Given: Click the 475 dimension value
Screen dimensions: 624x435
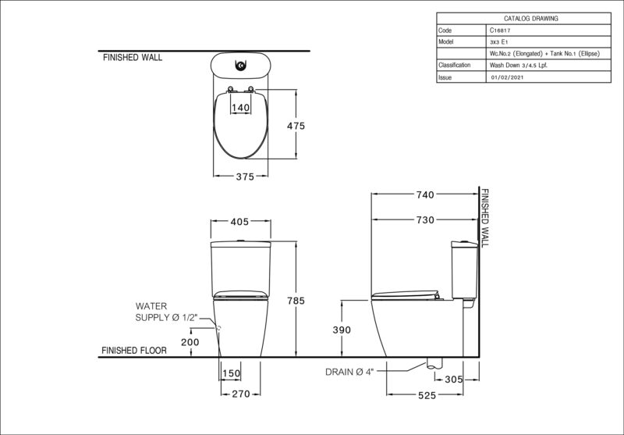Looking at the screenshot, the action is coord(296,126).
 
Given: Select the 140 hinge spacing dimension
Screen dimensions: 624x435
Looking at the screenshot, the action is coord(240,108).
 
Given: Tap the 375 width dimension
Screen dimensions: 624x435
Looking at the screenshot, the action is coord(245,176).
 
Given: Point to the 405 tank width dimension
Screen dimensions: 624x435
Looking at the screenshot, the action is coord(239,222).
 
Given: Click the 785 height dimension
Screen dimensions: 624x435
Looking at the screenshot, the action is coord(296,301).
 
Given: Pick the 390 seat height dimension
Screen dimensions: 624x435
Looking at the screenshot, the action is coord(342,330).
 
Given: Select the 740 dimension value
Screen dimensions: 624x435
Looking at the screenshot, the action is coord(425,194).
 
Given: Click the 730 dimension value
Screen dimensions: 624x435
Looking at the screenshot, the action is coord(425,220).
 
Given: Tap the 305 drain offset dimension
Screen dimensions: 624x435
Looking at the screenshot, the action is coord(454,380).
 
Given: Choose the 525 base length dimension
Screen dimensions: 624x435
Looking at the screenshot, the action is coord(427,395).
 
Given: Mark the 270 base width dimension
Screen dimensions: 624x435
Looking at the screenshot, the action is coord(241,394).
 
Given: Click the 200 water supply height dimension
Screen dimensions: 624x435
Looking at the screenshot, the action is coord(190,342).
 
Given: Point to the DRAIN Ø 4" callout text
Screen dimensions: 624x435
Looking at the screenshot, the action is coord(349,372).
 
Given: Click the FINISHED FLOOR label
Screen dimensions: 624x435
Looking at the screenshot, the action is coord(134,351).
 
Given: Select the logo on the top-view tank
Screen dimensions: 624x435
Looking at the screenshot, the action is coord(241,66).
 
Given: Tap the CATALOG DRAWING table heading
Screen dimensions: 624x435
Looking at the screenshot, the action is coord(531,18).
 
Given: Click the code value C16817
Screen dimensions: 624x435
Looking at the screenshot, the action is coord(500,30).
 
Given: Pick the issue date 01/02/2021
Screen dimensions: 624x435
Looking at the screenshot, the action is coord(508,77).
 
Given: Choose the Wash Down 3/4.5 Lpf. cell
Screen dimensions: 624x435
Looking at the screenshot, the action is coord(518,66).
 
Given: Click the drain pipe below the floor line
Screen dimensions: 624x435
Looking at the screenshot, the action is coord(434,363).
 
